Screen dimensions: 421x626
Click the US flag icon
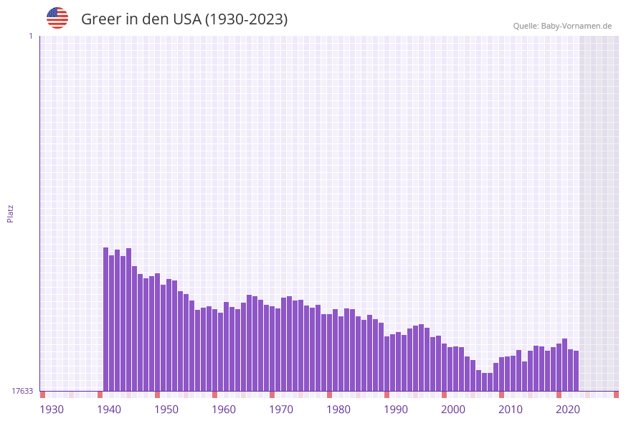[x=57, y=18]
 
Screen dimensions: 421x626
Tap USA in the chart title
[x=187, y=19]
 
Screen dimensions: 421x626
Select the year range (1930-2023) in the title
[x=246, y=19]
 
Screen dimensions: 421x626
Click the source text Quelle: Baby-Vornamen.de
[x=562, y=26]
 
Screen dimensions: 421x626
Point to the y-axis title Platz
[x=11, y=213]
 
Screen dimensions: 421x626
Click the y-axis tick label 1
[x=30, y=36]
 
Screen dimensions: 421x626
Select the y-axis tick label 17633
[x=22, y=391]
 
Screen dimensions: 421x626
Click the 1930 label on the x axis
[x=52, y=410]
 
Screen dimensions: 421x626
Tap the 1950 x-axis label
[x=166, y=410]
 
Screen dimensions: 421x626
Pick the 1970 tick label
[x=281, y=410]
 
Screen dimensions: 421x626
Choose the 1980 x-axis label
[x=338, y=410]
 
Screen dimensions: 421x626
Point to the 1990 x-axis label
[x=396, y=410]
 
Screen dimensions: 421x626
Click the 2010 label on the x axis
[x=511, y=410]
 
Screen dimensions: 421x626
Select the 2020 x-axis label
[x=568, y=410]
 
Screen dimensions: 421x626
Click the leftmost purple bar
[x=106, y=319]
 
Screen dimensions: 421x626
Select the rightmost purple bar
[x=576, y=371]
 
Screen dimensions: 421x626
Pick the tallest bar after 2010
[x=565, y=364]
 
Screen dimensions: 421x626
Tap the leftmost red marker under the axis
[x=43, y=394]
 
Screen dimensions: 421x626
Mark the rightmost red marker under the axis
[x=616, y=394]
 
